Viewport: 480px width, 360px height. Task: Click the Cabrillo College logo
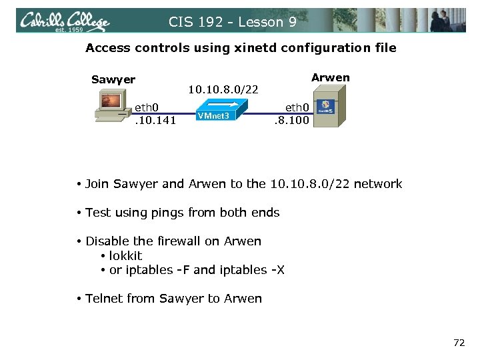64,21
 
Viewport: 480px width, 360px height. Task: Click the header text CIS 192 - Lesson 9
233,22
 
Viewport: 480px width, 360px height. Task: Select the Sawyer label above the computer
113,80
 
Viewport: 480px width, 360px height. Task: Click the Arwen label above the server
330,77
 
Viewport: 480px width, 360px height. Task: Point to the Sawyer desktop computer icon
110,107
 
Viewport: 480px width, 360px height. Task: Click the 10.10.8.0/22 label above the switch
223,89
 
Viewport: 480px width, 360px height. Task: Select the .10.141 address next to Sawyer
155,120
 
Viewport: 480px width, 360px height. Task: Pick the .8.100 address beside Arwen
292,121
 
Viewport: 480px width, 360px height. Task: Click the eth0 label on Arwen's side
297,107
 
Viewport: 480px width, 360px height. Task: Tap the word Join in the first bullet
97,184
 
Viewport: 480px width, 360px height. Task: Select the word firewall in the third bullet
182,241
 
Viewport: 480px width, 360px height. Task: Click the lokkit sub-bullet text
125,255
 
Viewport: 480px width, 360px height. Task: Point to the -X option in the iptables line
277,270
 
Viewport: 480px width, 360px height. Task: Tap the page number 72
459,343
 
